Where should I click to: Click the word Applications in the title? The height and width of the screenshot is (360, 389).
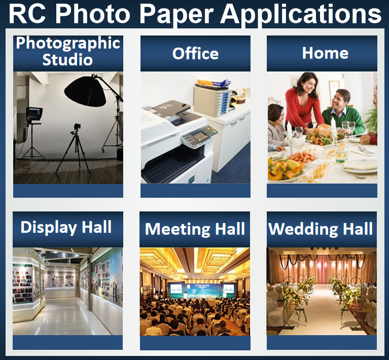(x=301, y=14)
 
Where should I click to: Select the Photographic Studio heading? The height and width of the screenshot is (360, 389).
(x=68, y=51)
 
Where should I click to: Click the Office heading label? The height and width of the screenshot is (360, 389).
(x=195, y=54)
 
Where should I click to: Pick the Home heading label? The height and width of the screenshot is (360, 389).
(x=325, y=53)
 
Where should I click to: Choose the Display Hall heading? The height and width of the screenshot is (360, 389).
(x=66, y=227)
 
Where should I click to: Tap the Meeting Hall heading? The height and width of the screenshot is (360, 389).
(x=195, y=229)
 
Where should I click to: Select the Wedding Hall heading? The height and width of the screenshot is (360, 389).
(x=321, y=229)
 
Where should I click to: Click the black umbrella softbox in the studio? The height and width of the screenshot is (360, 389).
(x=85, y=91)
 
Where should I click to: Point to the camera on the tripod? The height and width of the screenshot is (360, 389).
(x=77, y=128)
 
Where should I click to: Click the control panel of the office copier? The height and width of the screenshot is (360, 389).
(x=199, y=135)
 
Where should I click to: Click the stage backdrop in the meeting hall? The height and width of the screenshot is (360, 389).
(x=202, y=290)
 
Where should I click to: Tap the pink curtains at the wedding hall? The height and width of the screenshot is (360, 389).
(x=322, y=271)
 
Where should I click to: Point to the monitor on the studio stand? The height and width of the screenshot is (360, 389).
(x=34, y=114)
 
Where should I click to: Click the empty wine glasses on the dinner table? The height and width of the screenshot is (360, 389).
(x=348, y=127)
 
